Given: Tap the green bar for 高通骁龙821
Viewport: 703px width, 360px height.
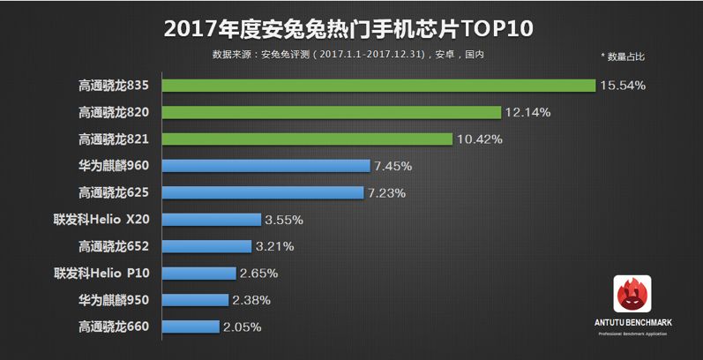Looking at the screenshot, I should (x=308, y=139).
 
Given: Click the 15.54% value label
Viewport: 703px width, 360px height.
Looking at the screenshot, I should (x=623, y=86).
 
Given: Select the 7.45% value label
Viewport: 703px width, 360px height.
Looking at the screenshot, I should (x=393, y=166).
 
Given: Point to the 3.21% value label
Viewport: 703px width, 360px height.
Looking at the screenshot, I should (x=274, y=246).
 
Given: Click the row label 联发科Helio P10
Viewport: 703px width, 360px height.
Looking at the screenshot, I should (x=101, y=273).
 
